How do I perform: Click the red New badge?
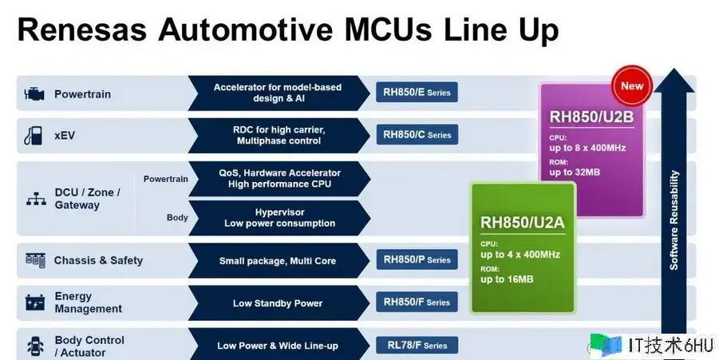[632, 86]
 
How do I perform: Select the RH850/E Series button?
[417, 93]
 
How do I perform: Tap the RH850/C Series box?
[417, 135]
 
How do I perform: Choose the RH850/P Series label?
[417, 259]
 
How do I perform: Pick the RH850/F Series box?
[417, 303]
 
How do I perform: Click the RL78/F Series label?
[417, 346]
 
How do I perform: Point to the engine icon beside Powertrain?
[34, 93]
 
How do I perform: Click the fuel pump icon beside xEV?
[34, 135]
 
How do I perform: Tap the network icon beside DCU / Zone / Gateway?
[34, 199]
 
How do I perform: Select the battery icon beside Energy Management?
[35, 303]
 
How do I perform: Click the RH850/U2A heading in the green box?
[522, 222]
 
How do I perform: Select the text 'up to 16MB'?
[507, 279]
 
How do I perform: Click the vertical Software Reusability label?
[674, 220]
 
